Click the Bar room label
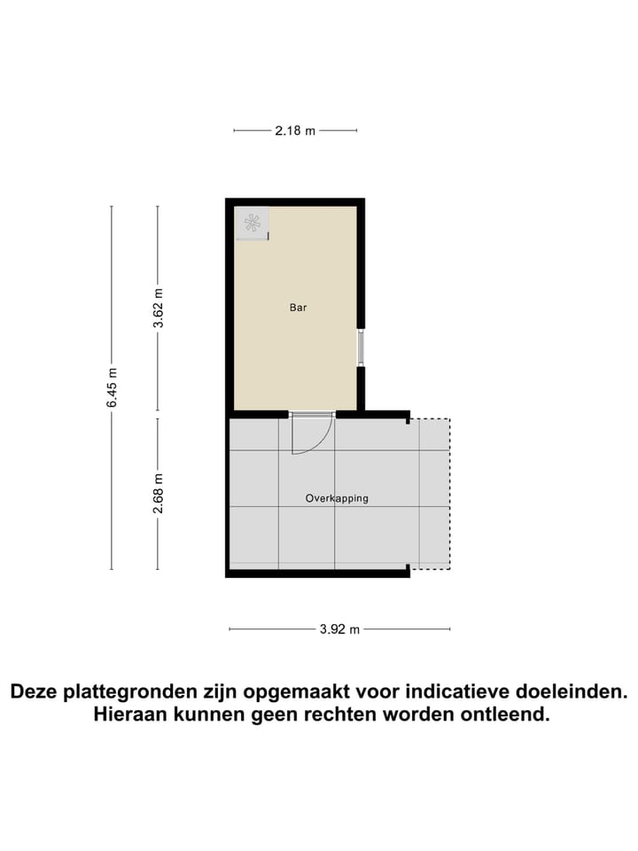(298, 308)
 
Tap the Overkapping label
(337, 498)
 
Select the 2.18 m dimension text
(295, 130)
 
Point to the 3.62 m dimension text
(158, 308)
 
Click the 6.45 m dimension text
(112, 387)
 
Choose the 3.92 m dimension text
(340, 629)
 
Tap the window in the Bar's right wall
(361, 347)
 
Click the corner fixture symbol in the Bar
(253, 223)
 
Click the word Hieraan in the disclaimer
(129, 714)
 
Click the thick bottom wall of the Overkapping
(317, 574)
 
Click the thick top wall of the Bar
(295, 202)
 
